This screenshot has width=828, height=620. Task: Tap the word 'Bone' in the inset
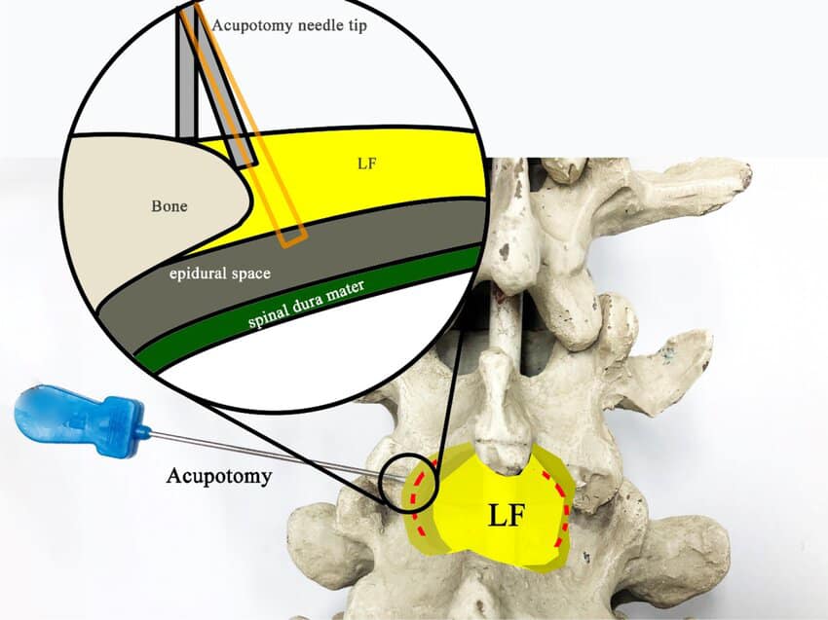[x=169, y=206]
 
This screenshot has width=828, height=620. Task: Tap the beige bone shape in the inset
[x=146, y=224]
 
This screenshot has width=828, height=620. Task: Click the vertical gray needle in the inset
[x=187, y=78]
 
